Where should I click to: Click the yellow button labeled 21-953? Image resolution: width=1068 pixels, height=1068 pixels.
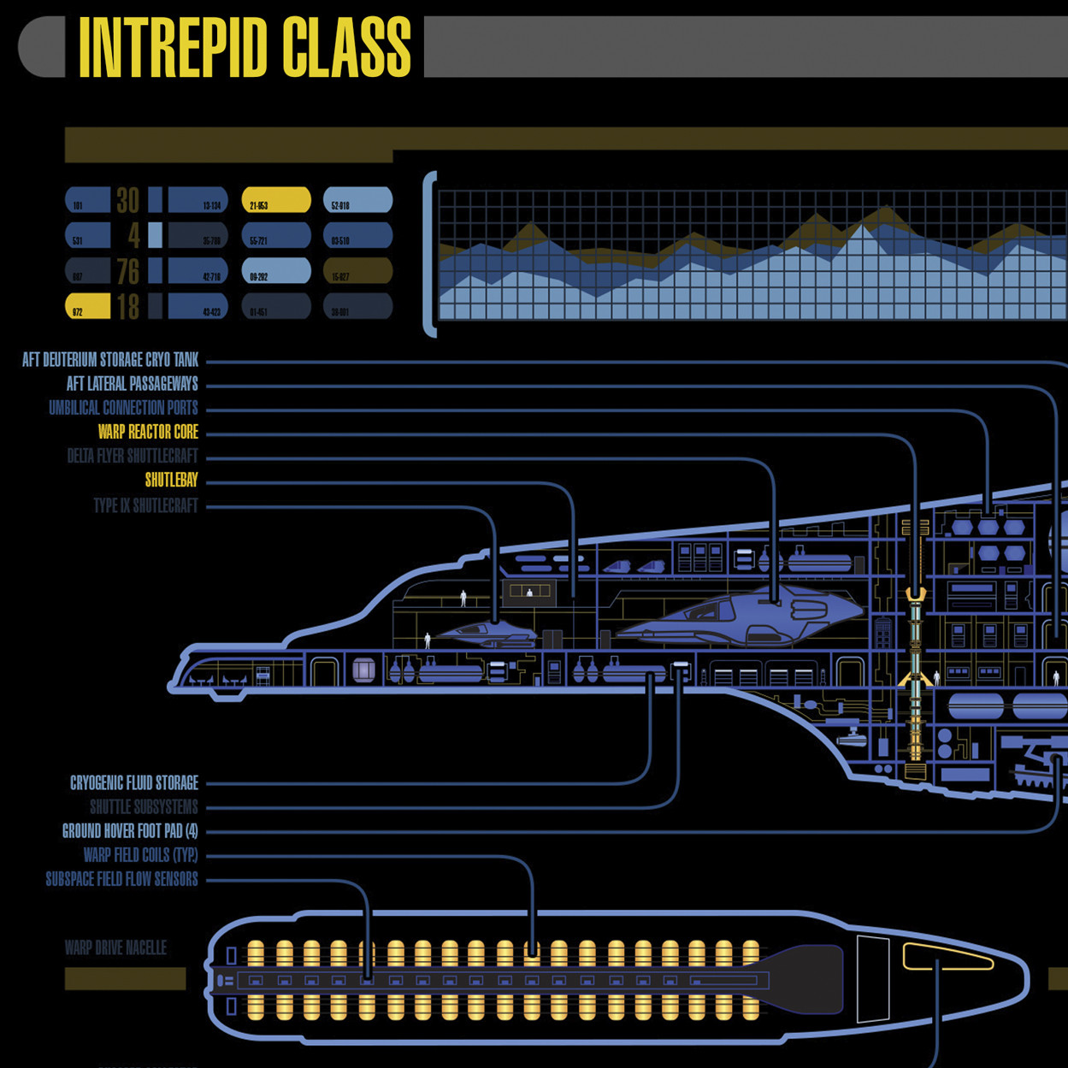click(x=275, y=200)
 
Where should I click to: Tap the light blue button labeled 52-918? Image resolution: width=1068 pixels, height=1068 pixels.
click(x=357, y=200)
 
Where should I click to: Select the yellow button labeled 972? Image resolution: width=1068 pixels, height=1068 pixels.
click(x=87, y=306)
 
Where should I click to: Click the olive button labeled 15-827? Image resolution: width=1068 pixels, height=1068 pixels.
click(x=357, y=271)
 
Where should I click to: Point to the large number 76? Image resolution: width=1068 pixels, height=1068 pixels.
click(x=127, y=272)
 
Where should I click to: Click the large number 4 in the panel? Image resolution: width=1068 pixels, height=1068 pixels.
click(x=133, y=236)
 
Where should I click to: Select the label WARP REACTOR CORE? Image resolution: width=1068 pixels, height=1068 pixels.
click(x=148, y=432)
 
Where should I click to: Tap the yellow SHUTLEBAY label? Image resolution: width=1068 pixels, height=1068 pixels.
click(x=171, y=481)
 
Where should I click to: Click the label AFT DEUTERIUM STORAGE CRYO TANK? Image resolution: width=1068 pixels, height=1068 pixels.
click(x=110, y=360)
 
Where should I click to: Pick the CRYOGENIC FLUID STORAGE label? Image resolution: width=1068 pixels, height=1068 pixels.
click(x=133, y=783)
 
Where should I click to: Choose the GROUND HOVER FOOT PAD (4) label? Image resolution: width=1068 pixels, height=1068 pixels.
click(x=130, y=831)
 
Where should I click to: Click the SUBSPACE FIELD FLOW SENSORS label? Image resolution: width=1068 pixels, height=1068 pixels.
click(x=121, y=879)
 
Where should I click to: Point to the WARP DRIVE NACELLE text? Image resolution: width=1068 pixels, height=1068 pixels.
click(x=115, y=948)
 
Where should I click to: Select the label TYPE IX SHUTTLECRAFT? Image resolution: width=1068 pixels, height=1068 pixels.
click(x=145, y=505)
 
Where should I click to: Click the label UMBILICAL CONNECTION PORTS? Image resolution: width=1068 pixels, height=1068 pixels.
click(x=123, y=408)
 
